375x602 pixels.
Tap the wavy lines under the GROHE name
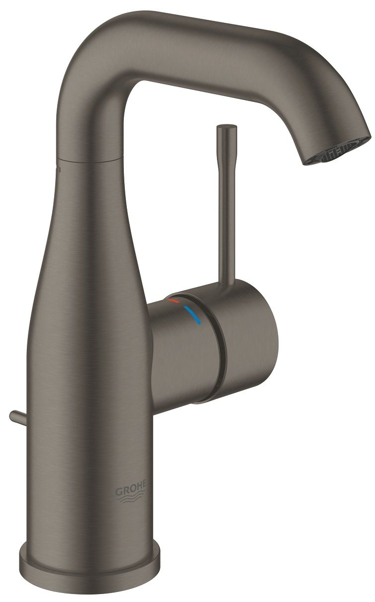[133, 502]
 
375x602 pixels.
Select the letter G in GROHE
[119, 492]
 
